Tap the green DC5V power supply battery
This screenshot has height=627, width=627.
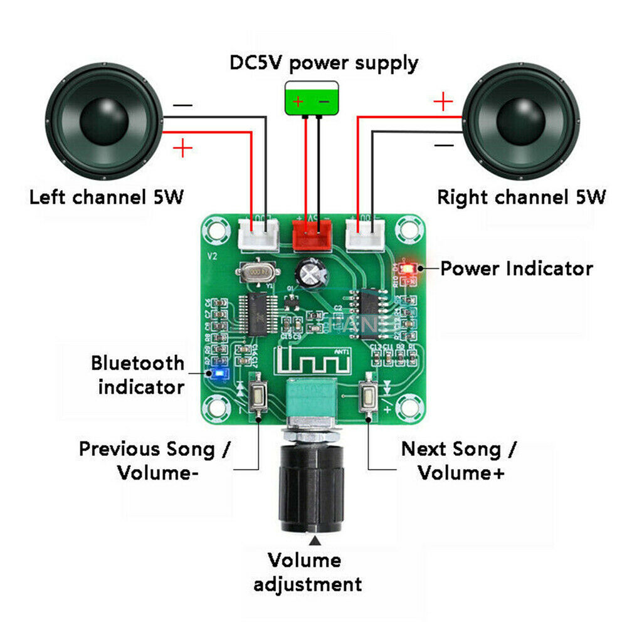click(x=311, y=99)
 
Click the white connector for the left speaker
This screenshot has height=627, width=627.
click(x=258, y=234)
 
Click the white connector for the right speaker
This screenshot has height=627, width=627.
click(x=365, y=234)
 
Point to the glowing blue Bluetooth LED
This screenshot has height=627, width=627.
click(x=218, y=374)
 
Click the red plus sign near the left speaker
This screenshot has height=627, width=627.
click(x=182, y=148)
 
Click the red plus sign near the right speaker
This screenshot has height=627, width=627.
click(x=443, y=100)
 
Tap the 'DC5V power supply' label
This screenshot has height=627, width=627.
click(x=324, y=63)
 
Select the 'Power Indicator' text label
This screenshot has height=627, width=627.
click(x=516, y=269)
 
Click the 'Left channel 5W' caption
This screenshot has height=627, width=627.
click(x=107, y=197)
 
